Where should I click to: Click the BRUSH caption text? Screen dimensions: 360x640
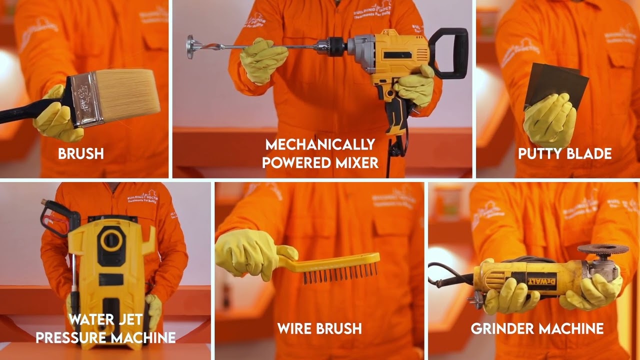point(80,153)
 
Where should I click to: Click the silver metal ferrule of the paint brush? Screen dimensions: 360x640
point(88,98)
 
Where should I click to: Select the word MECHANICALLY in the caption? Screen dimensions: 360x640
point(320,144)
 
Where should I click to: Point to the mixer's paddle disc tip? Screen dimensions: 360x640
point(190,46)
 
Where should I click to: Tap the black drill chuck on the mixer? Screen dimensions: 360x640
point(336,46)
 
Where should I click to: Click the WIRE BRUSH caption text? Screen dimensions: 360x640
point(319,328)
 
